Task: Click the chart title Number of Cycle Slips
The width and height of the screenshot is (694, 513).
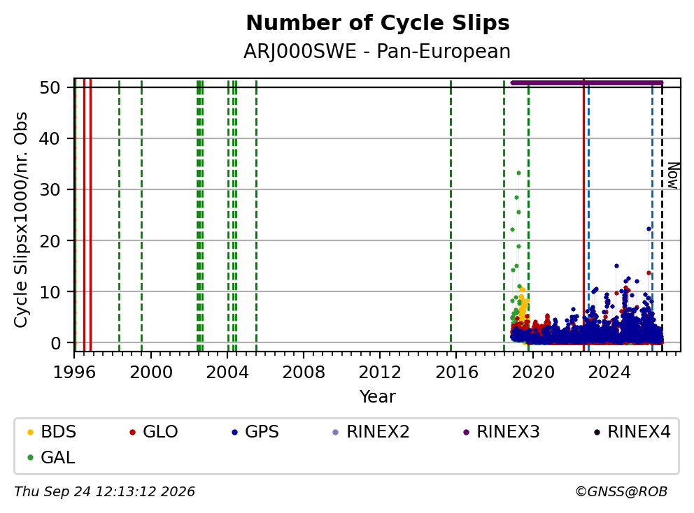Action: point(378,23)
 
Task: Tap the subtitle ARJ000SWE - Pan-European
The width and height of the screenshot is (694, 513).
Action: point(377,51)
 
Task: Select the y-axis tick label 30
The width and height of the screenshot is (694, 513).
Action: point(50,189)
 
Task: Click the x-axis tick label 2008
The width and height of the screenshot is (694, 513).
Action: point(304,373)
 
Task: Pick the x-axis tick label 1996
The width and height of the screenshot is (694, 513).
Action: point(74,373)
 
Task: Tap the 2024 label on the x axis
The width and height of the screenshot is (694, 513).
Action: point(609,373)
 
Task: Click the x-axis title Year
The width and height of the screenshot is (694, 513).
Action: point(378,397)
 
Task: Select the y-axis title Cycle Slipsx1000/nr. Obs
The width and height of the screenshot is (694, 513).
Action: point(21,219)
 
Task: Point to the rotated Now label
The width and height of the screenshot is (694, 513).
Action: point(673,176)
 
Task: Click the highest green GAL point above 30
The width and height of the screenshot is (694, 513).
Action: point(518,173)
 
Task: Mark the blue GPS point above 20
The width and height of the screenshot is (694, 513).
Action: point(649,229)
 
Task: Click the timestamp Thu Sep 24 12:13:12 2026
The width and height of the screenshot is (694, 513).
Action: point(104,492)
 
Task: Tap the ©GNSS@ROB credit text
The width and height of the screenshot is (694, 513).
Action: point(621,492)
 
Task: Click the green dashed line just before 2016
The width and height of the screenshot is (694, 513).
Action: point(451,215)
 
